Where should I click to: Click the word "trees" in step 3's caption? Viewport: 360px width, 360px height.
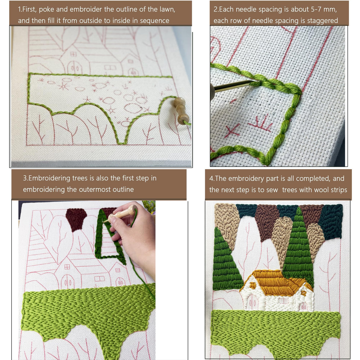click(80, 178)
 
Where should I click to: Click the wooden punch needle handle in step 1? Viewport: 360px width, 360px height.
click(181, 111)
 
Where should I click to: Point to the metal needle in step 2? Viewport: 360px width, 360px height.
click(232, 87)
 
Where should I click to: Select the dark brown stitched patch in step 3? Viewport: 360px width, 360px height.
click(76, 219)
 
